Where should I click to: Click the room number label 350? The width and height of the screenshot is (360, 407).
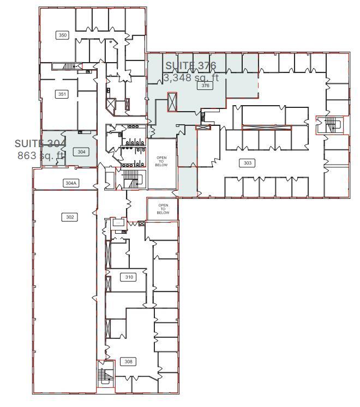click(x=63, y=35)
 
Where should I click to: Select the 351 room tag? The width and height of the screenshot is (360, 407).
click(x=62, y=94)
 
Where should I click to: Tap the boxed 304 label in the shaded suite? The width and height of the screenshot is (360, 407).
click(x=82, y=151)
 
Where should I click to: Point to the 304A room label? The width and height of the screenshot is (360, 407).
click(x=70, y=183)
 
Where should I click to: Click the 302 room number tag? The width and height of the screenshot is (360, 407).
click(x=70, y=217)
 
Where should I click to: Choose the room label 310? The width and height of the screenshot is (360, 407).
click(x=129, y=277)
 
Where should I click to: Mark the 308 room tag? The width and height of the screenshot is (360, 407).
click(x=128, y=362)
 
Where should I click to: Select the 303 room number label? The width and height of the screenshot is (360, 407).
click(x=247, y=163)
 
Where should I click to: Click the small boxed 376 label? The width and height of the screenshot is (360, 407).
click(x=205, y=86)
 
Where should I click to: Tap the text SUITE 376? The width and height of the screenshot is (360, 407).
click(x=191, y=66)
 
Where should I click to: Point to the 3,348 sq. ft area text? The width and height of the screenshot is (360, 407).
click(x=191, y=77)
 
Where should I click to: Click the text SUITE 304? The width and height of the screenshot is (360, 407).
click(x=40, y=143)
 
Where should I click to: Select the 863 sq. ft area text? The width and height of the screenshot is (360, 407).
click(x=41, y=155)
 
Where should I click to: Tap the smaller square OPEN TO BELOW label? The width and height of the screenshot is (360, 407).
click(x=163, y=209)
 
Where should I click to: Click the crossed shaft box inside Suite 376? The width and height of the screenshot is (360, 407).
click(x=172, y=101)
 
